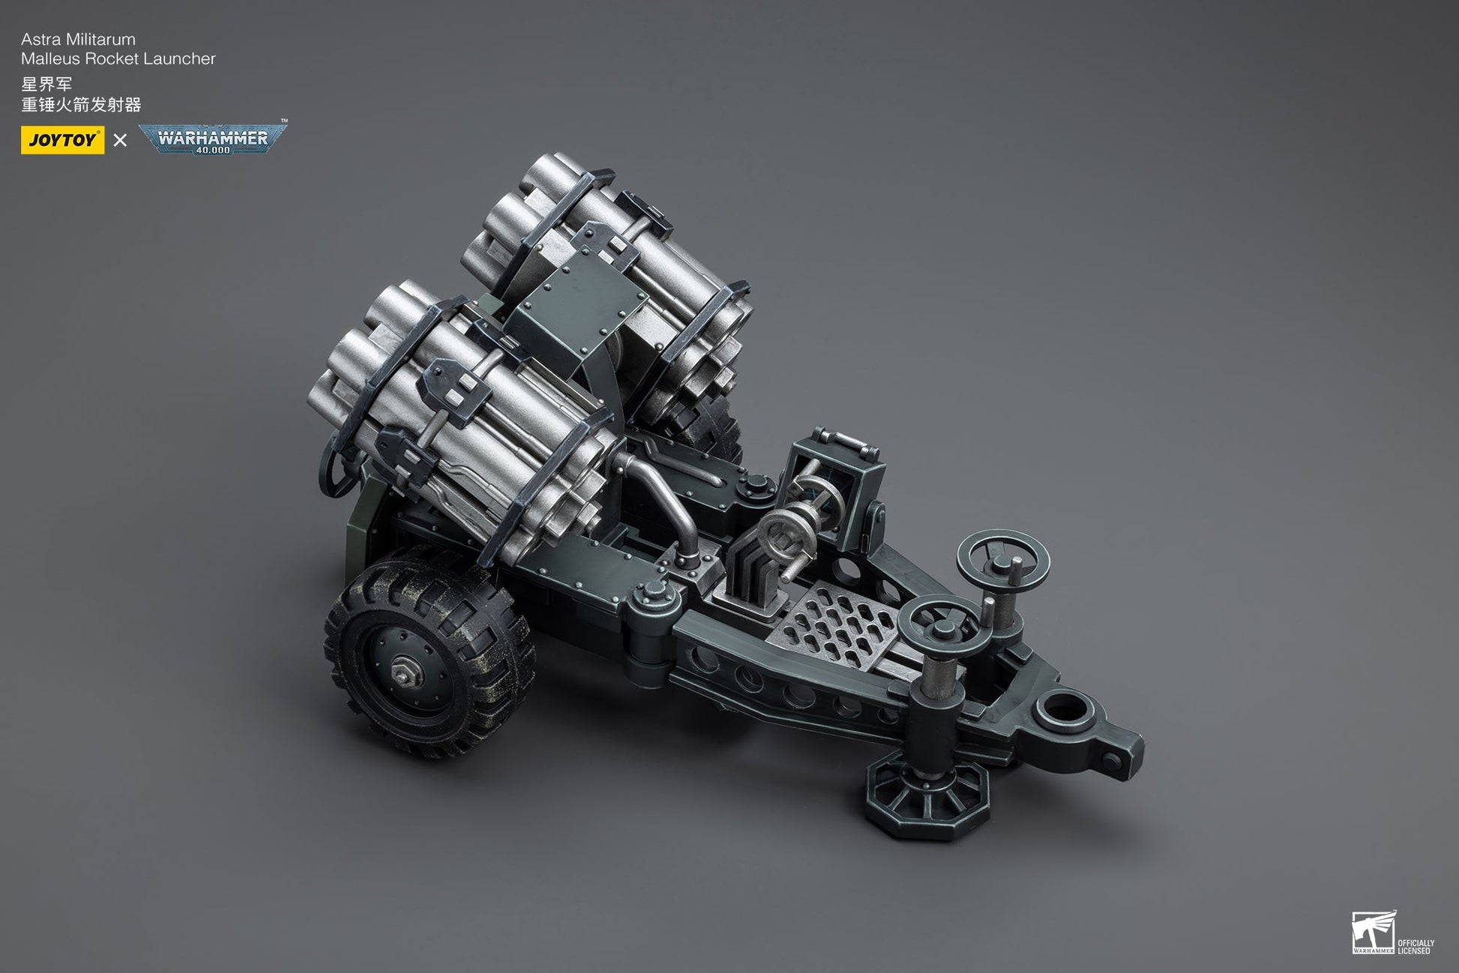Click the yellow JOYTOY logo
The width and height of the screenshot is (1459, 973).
click(62, 140)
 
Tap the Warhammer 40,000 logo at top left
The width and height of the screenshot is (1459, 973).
click(213, 139)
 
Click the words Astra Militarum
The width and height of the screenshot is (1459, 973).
click(79, 39)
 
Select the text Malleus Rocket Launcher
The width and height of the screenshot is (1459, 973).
click(118, 58)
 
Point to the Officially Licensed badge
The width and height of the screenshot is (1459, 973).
click(1393, 933)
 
